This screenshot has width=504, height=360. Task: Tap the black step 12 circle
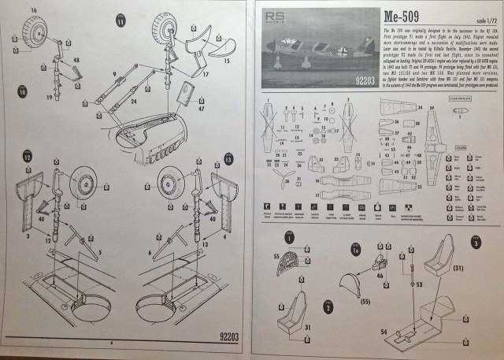(x=27, y=158)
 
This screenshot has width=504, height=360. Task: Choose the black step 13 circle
(x=228, y=158)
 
